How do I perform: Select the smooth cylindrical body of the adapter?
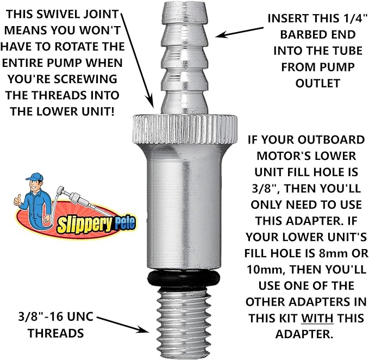185,207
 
